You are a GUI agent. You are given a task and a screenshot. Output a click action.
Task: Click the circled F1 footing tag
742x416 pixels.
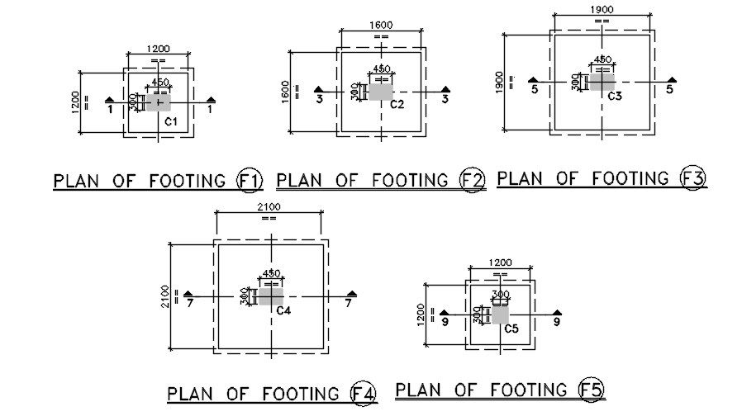249,180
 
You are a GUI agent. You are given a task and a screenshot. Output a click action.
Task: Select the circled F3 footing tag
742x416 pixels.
692,177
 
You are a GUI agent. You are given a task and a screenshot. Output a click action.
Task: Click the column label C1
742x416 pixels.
171,122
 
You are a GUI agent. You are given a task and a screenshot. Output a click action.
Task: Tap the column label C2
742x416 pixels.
397,105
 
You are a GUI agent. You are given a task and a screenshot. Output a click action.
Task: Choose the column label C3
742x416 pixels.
615,97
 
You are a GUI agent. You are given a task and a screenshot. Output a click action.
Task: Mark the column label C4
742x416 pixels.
283,310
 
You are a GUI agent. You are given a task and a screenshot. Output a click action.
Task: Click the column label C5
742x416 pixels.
511,329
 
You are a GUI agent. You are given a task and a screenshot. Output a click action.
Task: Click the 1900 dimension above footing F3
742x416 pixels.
602,10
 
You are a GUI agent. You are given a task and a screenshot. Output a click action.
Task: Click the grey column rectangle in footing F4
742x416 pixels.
270,295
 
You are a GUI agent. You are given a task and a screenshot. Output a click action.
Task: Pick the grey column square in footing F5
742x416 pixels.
500,314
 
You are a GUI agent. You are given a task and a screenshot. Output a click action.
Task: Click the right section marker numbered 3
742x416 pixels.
445,94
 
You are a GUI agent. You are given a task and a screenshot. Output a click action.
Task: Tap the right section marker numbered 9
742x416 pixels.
557,318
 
